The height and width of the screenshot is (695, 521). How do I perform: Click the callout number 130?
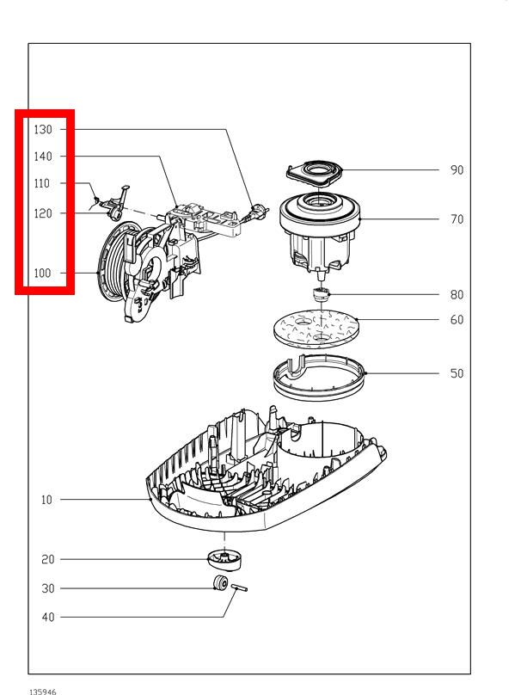click(43, 129)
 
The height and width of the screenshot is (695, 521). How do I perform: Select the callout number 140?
click(43, 156)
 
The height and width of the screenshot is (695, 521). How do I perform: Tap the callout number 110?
click(42, 183)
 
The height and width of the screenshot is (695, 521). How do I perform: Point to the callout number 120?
click(43, 213)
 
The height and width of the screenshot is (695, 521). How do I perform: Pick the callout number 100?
click(42, 273)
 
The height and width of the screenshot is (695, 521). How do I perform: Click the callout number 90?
click(457, 169)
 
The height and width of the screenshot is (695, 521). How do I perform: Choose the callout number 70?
click(457, 219)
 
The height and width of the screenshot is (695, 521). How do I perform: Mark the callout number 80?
click(457, 295)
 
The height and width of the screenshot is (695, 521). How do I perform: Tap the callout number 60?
click(457, 320)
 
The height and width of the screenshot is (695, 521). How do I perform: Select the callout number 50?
click(457, 373)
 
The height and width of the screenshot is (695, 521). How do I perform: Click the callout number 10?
click(46, 500)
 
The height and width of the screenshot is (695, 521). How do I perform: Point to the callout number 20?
click(48, 559)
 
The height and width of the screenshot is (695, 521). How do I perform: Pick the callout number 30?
click(48, 588)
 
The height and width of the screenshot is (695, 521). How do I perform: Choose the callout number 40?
click(48, 617)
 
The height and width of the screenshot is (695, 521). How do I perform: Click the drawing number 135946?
click(42, 692)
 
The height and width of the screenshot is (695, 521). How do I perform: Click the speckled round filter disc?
click(316, 329)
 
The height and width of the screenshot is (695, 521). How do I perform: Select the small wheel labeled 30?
click(220, 583)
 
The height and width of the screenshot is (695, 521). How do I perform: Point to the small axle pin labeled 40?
click(239, 587)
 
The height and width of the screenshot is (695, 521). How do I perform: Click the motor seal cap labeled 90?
click(315, 173)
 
